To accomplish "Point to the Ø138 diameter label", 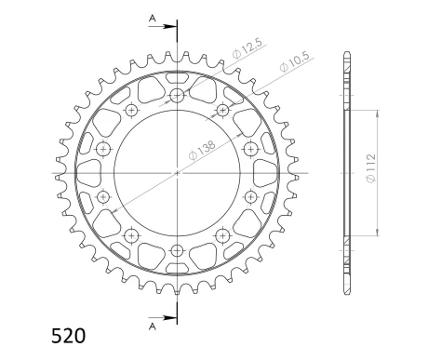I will [204, 146].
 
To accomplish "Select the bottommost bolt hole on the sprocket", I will [177, 249].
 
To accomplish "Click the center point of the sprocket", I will [177, 172].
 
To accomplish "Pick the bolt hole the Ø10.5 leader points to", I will [222, 111].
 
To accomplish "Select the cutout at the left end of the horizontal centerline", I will [85, 172].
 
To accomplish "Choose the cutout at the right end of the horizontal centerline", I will [269, 172].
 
